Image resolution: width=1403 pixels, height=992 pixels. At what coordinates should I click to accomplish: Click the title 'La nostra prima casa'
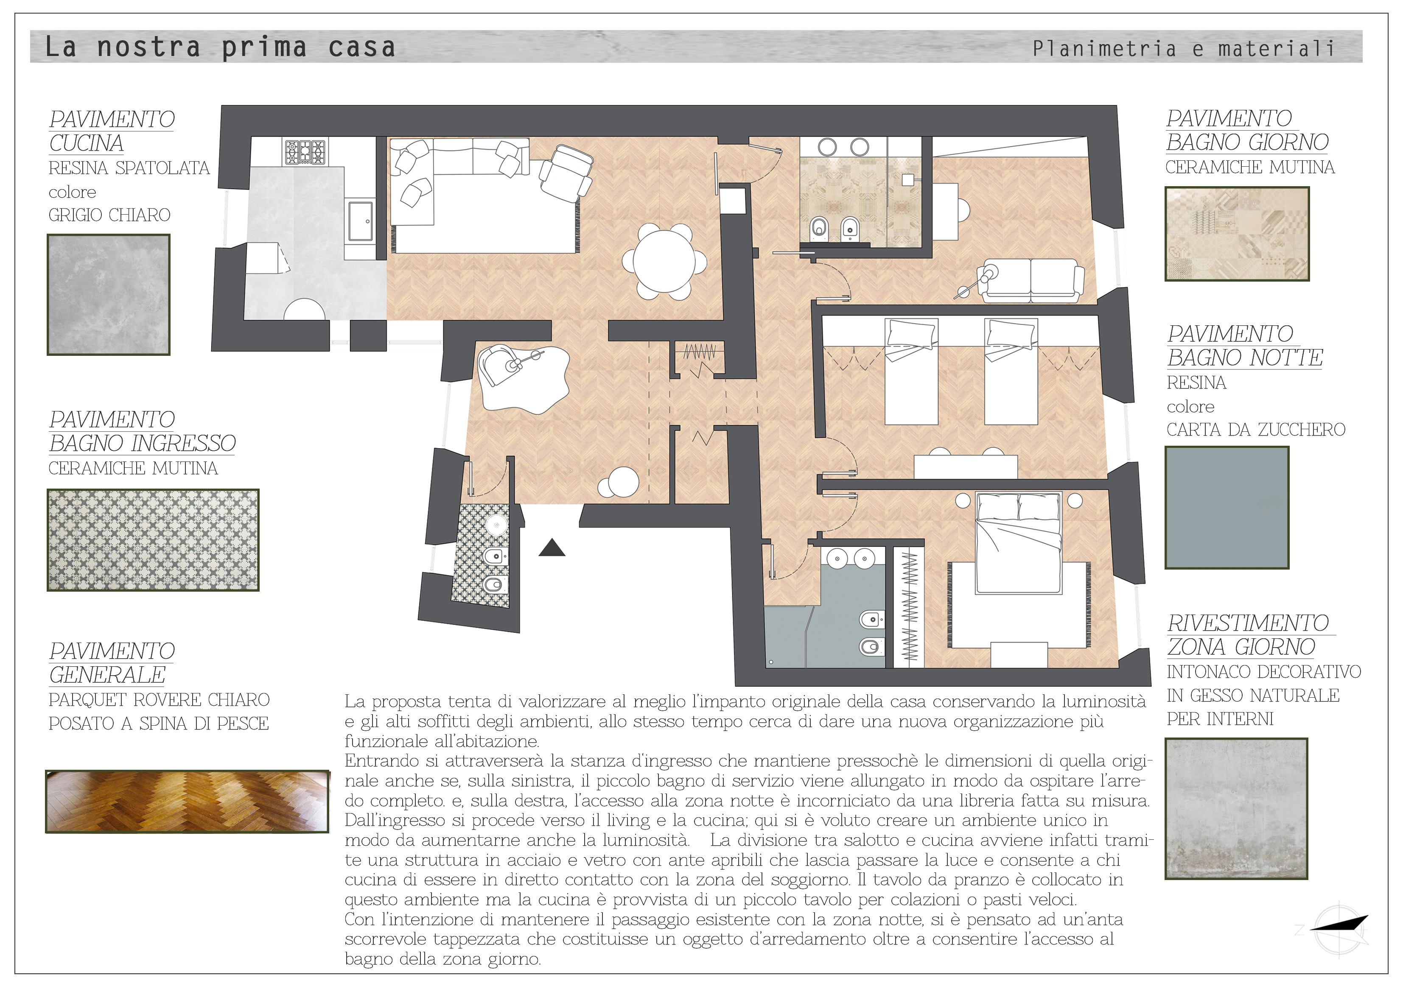pyautogui.click(x=220, y=48)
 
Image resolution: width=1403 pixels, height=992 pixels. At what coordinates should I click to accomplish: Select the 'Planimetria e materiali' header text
pyautogui.click(x=1183, y=48)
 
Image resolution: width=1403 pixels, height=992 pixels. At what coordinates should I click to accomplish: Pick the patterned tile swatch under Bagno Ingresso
pyautogui.click(x=153, y=540)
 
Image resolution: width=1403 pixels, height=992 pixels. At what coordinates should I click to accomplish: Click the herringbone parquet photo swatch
pyautogui.click(x=187, y=802)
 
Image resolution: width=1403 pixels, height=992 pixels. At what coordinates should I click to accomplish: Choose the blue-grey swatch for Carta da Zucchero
pyautogui.click(x=1227, y=508)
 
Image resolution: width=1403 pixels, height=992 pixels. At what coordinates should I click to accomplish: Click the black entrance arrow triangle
pyautogui.click(x=552, y=548)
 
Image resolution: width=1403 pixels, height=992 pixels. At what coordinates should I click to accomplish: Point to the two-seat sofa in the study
pyautogui.click(x=1031, y=280)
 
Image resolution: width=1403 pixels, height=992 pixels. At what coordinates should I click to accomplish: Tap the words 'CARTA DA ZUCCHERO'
pyautogui.click(x=1256, y=430)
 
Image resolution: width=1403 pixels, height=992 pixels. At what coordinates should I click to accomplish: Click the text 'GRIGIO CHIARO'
pyautogui.click(x=109, y=215)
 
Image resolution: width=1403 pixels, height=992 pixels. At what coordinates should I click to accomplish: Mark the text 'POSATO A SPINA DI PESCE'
pyautogui.click(x=159, y=723)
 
